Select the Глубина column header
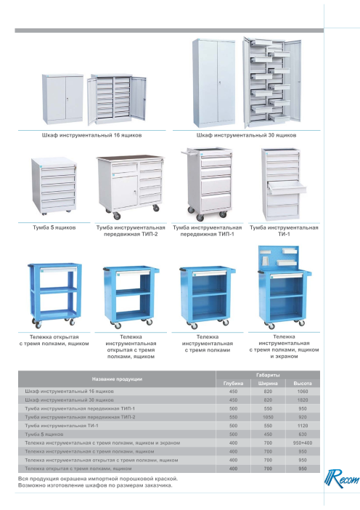click(x=233, y=384)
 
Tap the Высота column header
click(x=303, y=384)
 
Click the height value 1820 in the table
click(x=303, y=400)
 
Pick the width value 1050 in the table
click(x=268, y=417)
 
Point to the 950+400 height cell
click(x=303, y=442)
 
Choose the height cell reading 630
click(x=303, y=434)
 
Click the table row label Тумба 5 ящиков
click(x=44, y=434)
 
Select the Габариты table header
click(x=268, y=375)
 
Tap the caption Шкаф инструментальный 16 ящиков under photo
click(x=91, y=135)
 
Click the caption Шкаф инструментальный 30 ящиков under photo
click(x=246, y=135)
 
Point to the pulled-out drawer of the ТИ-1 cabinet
click(x=287, y=187)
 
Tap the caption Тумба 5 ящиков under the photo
click(x=54, y=227)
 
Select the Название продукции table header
click(x=117, y=379)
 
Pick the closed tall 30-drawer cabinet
click(x=214, y=83)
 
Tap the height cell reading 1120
click(x=303, y=426)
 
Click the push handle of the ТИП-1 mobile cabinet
click(x=189, y=152)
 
